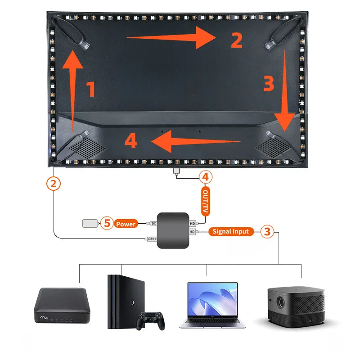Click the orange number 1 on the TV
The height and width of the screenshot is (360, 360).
[x=90, y=89]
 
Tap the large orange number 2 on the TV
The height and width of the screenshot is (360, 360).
[x=237, y=40]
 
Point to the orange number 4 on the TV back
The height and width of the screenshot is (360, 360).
[x=130, y=142]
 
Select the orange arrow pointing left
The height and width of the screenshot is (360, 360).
[x=196, y=142]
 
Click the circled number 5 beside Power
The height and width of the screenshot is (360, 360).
[x=106, y=223]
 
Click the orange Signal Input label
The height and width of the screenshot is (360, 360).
[x=230, y=232]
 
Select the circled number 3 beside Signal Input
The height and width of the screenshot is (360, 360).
[x=267, y=232]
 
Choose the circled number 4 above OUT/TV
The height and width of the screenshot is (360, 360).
[x=205, y=177]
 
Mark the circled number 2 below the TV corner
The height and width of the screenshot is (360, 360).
[x=54, y=183]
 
